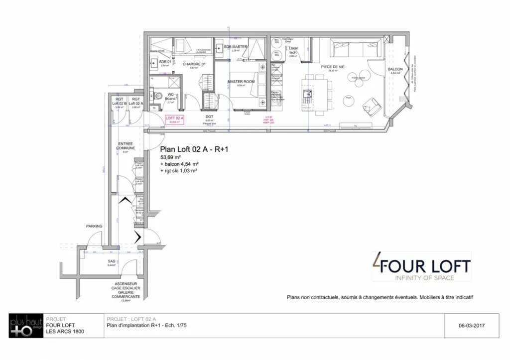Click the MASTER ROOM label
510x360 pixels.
pos(241,81)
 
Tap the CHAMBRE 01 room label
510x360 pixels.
pos(194,64)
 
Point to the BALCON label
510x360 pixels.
pos(395,69)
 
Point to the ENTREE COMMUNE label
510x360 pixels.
pos(126,146)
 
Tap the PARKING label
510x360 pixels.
pos(94,226)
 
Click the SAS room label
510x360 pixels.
pos(112,261)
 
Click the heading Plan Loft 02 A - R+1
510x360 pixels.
pos(194,149)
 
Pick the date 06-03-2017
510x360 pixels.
pos(472,327)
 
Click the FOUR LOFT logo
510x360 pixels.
pos(421,267)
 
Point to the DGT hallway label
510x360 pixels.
pos(209,117)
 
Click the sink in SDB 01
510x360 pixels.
pos(153,62)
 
